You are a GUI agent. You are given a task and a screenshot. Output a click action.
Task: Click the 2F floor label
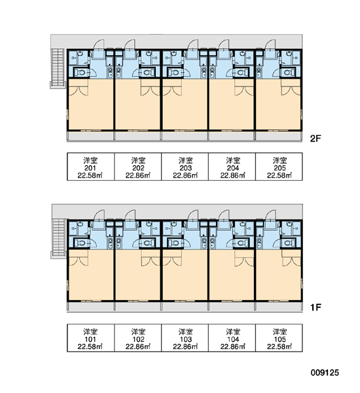tap(315, 138)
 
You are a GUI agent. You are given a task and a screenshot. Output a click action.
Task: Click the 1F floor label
tap(315, 307)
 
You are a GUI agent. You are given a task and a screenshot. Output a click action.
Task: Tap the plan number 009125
tap(325, 373)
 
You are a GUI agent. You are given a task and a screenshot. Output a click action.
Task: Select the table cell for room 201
tap(91, 166)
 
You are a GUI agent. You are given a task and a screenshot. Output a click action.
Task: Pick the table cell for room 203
tap(185, 166)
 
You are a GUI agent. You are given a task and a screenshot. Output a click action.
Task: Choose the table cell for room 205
tap(279, 166)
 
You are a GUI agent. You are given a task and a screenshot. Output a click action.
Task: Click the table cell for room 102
tap(138, 338)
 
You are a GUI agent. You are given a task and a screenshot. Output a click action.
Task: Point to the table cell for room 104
tap(232, 338)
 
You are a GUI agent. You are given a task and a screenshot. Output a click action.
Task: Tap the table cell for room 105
tap(279, 338)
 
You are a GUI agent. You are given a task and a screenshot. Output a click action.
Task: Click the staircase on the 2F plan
tap(58, 68)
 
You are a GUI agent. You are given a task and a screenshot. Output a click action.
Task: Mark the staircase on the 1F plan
tap(59, 238)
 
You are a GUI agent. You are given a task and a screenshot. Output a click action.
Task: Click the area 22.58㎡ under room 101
tap(90, 346)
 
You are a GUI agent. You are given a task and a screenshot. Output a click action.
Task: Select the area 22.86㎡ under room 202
tap(138, 176)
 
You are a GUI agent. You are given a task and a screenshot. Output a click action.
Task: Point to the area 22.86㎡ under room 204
tap(233, 176)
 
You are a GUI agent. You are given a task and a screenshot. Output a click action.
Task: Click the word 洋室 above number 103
tap(186, 332)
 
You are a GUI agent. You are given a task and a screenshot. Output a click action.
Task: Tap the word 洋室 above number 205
tap(280, 160)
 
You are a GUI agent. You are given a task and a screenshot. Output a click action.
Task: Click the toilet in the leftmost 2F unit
tap(81, 73)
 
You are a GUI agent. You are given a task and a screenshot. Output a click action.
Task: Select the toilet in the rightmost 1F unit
tap(289, 243)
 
